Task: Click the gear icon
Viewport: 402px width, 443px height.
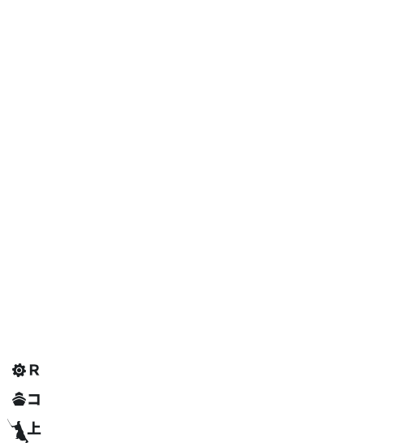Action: pos(19,370)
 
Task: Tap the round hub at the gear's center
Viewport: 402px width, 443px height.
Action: pos(19,370)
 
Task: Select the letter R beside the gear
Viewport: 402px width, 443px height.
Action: pos(34,370)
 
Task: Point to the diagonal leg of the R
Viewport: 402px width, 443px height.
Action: pos(37,373)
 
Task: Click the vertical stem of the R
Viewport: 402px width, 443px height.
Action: pos(31,370)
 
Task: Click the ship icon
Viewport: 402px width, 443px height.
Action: pos(19,398)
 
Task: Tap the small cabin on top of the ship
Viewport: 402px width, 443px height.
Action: pos(19,393)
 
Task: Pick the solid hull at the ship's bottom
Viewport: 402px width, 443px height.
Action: pos(19,402)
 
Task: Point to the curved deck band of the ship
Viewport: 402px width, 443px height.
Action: pos(19,397)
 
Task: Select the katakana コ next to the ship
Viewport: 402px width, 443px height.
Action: pos(34,399)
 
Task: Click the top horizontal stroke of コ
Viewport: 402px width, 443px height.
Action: pos(33,395)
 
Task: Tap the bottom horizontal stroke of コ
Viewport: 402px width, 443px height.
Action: pos(34,404)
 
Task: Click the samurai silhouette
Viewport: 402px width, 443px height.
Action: pos(19,431)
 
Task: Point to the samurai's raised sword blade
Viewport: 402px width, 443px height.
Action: pos(10,423)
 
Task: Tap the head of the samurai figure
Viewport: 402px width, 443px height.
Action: pos(19,423)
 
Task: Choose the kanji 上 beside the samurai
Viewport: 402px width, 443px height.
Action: pos(34,428)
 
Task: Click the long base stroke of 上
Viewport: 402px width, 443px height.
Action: pos(34,432)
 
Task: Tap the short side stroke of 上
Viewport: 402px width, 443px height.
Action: pos(37,427)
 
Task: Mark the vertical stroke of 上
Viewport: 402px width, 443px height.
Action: pos(33,428)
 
